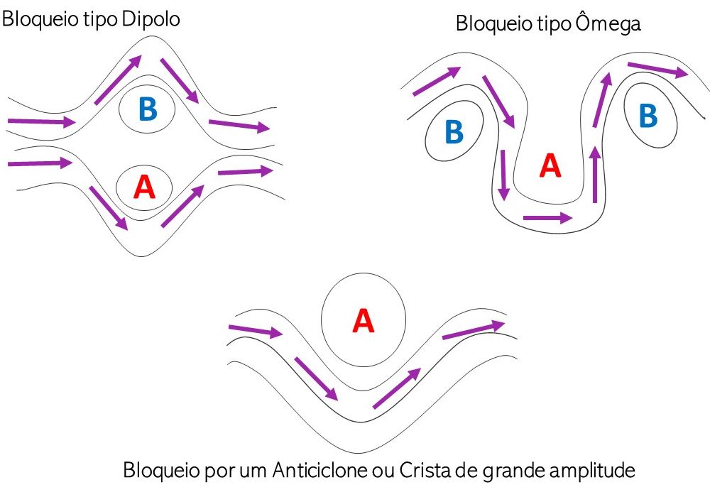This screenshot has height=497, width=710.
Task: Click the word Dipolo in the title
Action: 151,20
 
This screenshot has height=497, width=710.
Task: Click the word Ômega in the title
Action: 608,23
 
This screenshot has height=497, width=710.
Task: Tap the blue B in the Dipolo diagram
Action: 148,109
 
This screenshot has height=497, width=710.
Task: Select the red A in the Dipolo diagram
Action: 144,187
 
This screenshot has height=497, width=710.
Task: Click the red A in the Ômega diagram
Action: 550,165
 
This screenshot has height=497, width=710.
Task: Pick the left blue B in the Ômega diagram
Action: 454,131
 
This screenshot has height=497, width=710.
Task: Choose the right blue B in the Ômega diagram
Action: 648,116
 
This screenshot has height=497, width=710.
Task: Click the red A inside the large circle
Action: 363,321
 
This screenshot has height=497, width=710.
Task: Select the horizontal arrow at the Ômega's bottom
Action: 548,218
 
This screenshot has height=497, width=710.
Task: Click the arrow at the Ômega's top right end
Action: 658,70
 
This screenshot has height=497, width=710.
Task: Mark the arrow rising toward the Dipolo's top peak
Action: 118,80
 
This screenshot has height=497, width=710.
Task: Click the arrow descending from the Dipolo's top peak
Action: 180,80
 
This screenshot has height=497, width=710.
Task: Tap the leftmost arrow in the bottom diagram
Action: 256,332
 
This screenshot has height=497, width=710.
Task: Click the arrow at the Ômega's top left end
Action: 437,81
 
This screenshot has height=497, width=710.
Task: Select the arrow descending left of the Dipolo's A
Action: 109,208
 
